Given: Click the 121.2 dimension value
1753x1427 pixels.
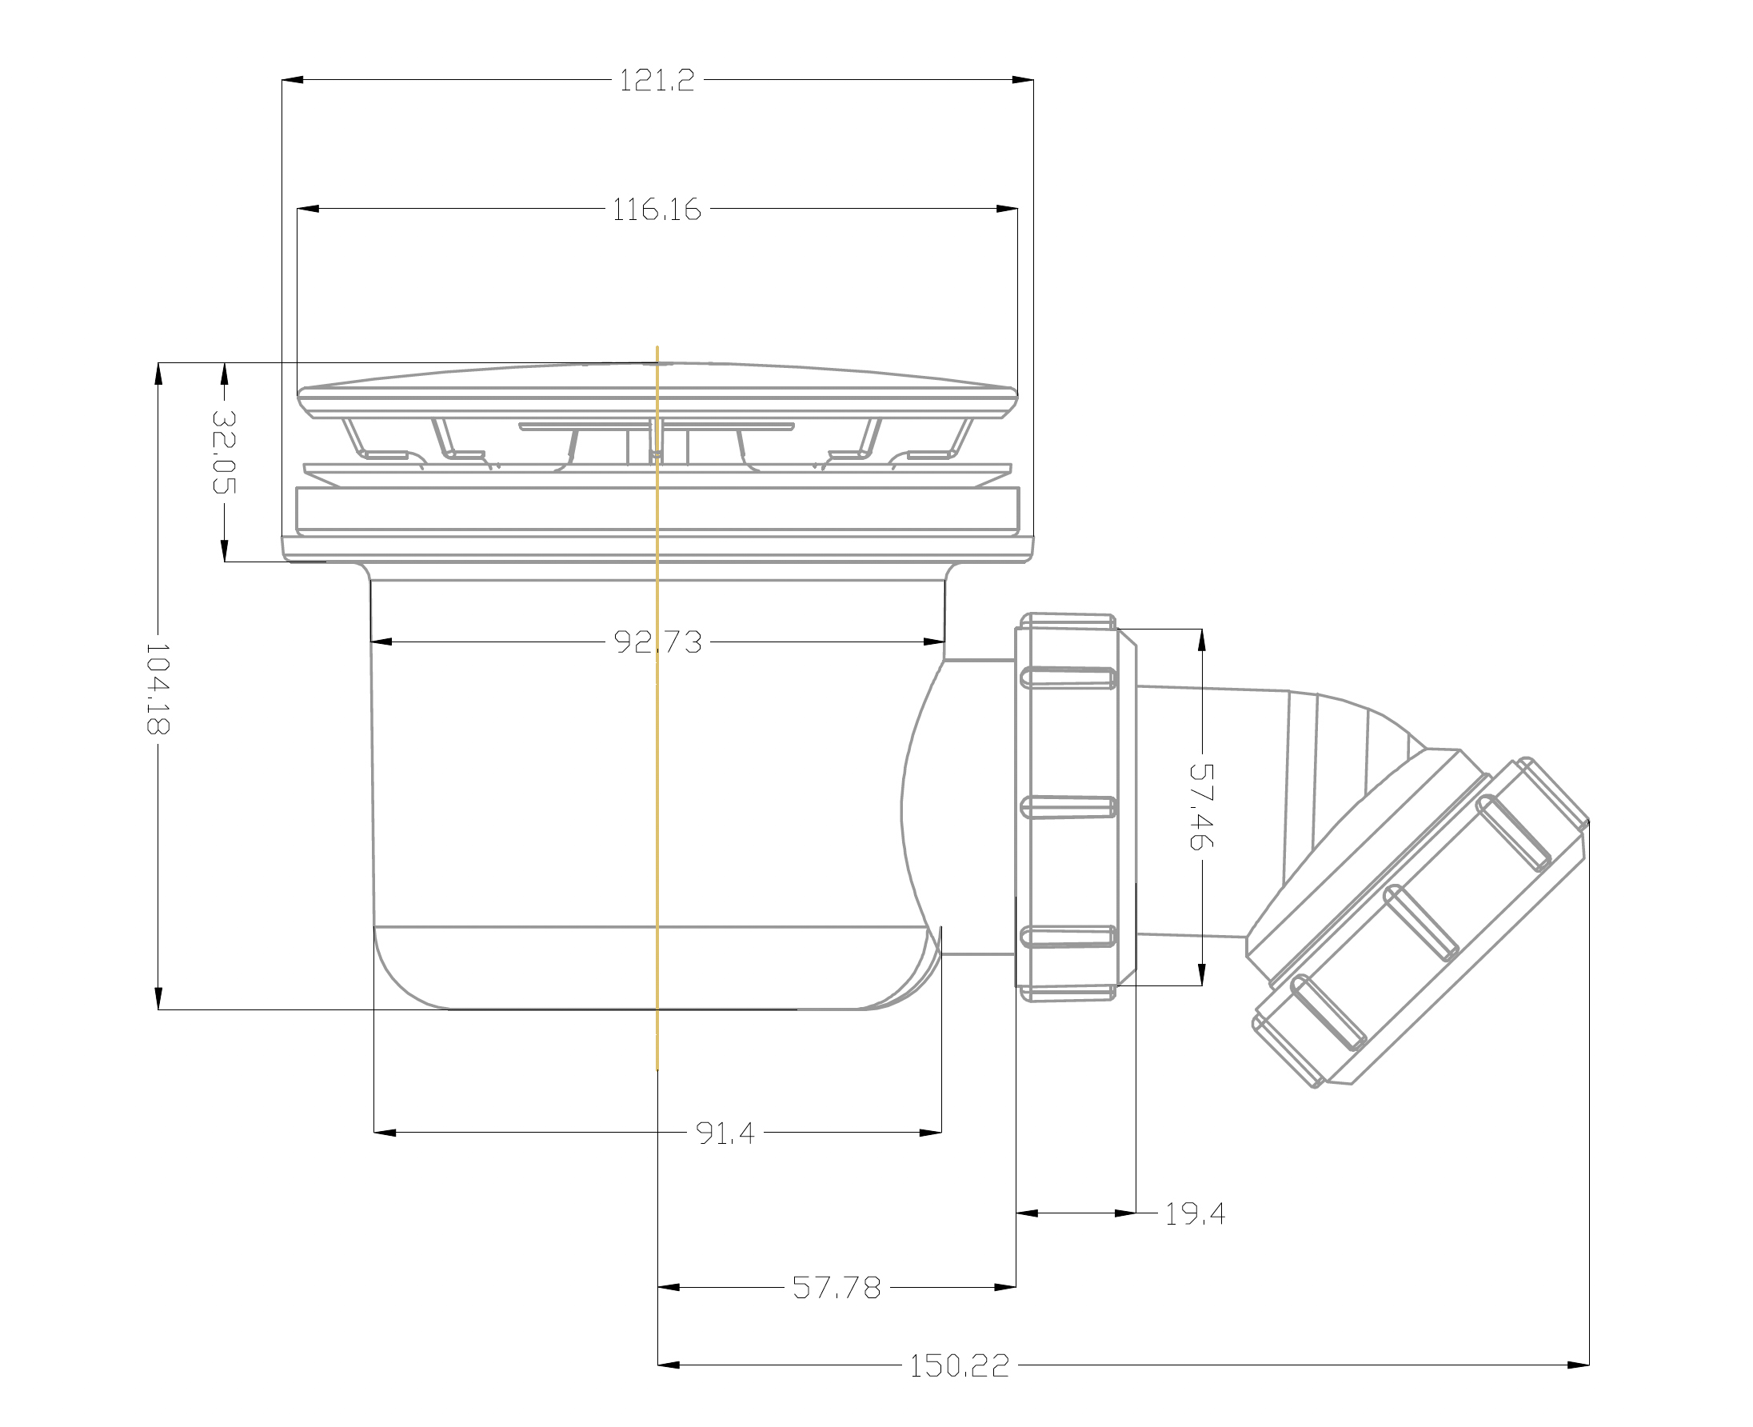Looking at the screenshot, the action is [657, 81].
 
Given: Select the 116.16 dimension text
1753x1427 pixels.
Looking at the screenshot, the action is [657, 210].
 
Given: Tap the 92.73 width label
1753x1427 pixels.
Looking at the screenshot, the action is [658, 642].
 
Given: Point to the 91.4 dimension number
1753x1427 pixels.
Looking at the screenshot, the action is [725, 1133].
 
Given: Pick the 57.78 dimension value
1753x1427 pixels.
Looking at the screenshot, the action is [837, 1287].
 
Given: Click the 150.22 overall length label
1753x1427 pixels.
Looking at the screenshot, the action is [959, 1365].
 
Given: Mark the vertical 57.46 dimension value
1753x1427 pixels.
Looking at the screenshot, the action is [1201, 806].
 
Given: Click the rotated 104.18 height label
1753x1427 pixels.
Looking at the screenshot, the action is [157, 688].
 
